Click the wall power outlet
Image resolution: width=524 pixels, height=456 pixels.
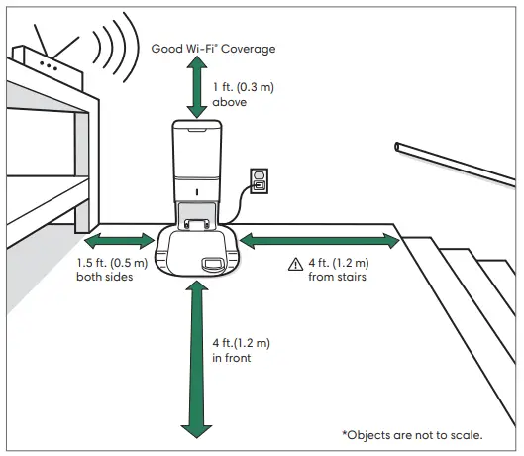[260, 180]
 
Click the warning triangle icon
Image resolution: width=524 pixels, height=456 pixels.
[294, 264]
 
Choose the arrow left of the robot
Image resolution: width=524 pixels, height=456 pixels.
[119, 241]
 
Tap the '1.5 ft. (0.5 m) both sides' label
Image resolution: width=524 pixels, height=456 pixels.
[111, 271]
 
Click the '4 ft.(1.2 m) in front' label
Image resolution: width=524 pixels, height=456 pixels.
[241, 349]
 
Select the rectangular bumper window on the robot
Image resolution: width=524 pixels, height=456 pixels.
[212, 264]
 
